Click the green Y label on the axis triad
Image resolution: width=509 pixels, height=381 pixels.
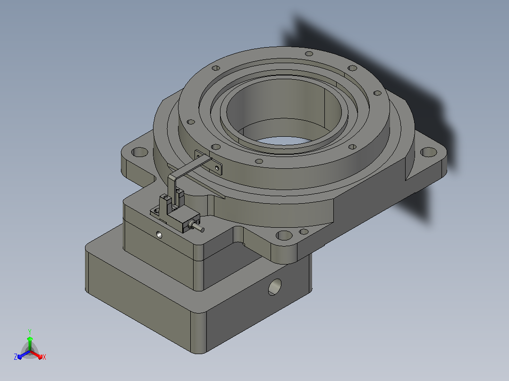click(x=30, y=331)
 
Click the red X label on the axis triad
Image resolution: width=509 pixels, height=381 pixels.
click(x=44, y=357)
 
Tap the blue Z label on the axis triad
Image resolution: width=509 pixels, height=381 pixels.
click(x=16, y=357)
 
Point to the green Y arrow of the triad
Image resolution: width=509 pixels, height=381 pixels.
click(x=30, y=343)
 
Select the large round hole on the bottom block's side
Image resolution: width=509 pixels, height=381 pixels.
click(x=275, y=287)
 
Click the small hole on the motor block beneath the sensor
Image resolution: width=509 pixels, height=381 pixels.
click(x=159, y=234)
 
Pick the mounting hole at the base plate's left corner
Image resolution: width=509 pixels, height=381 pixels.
click(x=140, y=152)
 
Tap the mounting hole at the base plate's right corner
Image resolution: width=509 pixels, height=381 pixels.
click(x=428, y=152)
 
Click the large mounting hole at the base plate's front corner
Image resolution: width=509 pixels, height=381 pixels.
click(x=284, y=235)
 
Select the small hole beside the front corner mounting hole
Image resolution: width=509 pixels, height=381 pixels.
click(x=304, y=232)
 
